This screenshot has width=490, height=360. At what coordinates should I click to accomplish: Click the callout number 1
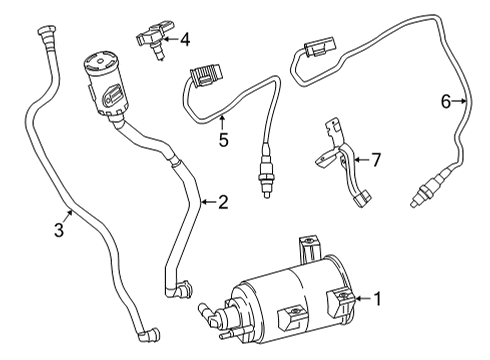378,296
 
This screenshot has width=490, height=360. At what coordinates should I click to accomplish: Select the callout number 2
222,203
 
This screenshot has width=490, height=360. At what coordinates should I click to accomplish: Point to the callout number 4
184,41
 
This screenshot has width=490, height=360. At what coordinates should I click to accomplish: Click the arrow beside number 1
361,296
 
